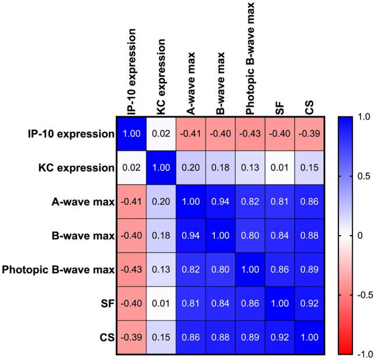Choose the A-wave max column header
tap(191, 82)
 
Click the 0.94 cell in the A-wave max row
tap(221, 202)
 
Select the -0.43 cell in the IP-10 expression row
tap(250, 134)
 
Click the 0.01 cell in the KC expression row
tap(280, 169)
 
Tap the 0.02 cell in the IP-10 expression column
tap(131, 169)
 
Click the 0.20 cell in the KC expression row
tap(191, 169)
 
